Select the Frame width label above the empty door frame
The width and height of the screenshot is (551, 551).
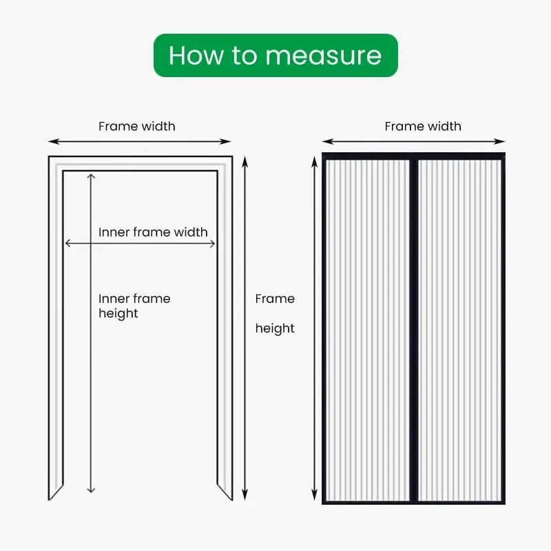(136, 126)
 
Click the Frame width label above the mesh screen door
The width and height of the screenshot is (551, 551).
(423, 126)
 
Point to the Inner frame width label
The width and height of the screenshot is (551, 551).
(153, 232)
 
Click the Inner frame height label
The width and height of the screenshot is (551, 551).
(134, 306)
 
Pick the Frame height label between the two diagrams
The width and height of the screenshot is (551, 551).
(275, 313)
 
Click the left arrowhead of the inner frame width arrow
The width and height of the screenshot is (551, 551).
(67, 243)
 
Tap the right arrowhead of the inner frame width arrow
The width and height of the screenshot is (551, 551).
(214, 243)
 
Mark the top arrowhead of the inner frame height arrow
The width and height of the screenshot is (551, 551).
(91, 176)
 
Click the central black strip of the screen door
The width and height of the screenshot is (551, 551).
(414, 329)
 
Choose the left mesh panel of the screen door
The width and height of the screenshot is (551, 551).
(368, 329)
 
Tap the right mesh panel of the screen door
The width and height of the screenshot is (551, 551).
(459, 329)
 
